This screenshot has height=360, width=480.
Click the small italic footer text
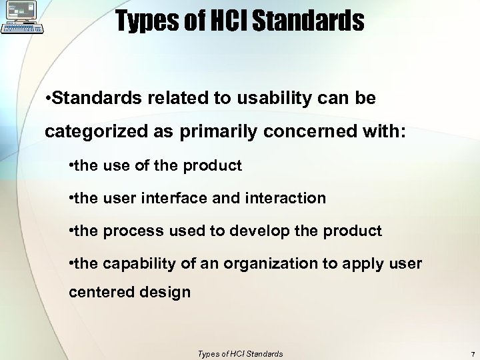[240, 354]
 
